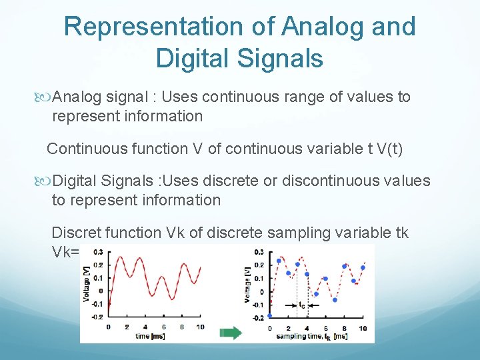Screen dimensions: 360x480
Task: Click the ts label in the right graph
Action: pos(301,305)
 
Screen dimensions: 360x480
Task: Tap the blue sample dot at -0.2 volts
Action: pos(270,316)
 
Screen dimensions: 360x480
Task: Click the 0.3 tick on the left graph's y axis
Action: pos(98,252)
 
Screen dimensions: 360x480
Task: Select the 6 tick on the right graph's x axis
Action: pos(326,328)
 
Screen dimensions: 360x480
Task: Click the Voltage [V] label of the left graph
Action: pos(87,282)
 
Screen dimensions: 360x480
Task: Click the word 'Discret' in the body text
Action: pos(75,233)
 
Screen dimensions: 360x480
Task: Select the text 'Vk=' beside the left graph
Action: pos(65,252)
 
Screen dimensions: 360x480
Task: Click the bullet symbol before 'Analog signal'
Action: pos(45,97)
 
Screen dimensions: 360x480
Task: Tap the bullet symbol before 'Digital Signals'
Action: pos(45,181)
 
